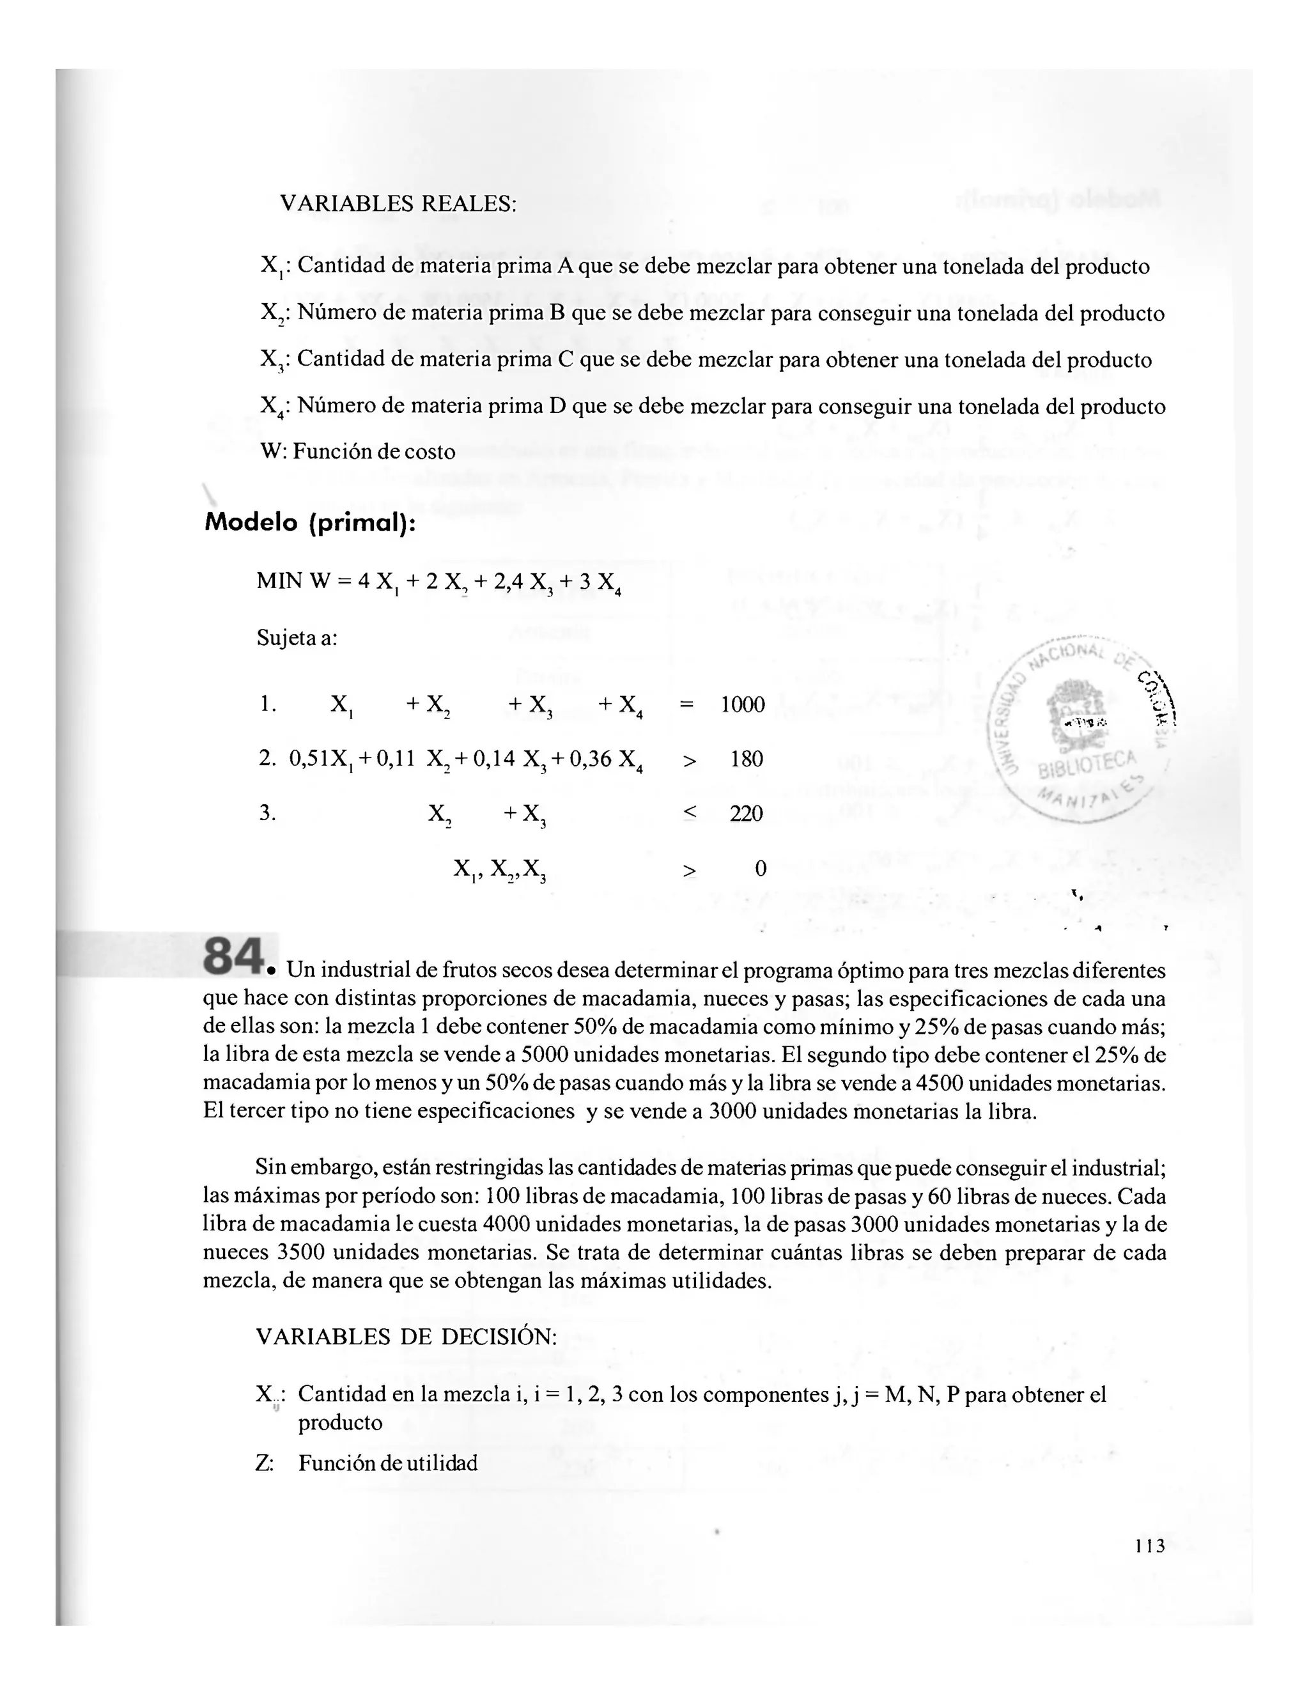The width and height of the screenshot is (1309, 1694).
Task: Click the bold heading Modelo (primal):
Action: coord(310,523)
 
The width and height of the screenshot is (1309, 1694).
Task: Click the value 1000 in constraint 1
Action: coord(742,704)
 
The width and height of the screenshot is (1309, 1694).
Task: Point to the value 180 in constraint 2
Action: coord(747,759)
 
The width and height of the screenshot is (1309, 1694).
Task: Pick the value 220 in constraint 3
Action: coord(746,814)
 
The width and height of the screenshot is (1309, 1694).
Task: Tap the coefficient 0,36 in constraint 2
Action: coord(590,759)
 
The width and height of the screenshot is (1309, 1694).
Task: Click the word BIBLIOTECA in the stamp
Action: coord(1088,764)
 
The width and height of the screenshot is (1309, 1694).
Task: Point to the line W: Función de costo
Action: coord(359,451)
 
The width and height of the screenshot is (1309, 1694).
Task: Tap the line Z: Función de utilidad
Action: coord(366,1464)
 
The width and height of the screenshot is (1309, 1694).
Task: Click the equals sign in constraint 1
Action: coord(686,704)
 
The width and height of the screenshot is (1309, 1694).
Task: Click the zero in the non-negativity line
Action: coord(760,869)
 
